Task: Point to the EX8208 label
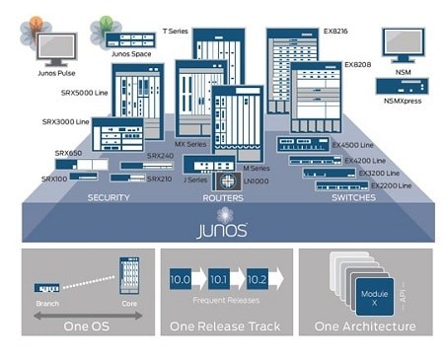357,65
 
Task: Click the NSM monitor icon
400,45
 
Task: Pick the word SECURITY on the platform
108,197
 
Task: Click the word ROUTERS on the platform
222,197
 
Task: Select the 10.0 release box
179,281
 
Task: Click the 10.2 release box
258,281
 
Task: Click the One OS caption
84,326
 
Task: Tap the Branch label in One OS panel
46,303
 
